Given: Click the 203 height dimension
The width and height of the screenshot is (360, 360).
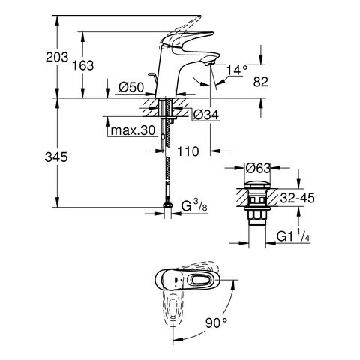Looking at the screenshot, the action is [57, 57].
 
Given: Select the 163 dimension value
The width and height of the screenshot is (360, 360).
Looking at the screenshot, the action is [82, 65].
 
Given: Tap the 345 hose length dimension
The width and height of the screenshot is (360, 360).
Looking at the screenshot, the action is [56, 157].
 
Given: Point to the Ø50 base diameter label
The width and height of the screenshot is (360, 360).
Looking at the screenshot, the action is [131, 87].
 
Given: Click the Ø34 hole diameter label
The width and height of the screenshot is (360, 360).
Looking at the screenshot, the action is [206, 115].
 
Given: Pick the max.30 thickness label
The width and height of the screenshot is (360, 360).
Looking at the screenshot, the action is [133, 130].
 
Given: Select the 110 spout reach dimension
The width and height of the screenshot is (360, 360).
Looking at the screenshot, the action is [188, 151].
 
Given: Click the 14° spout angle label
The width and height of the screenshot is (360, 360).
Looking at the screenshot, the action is [237, 70].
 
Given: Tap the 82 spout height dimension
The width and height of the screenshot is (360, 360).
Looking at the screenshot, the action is [261, 82].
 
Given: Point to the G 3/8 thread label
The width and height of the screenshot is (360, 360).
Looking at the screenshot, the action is [194, 207].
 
